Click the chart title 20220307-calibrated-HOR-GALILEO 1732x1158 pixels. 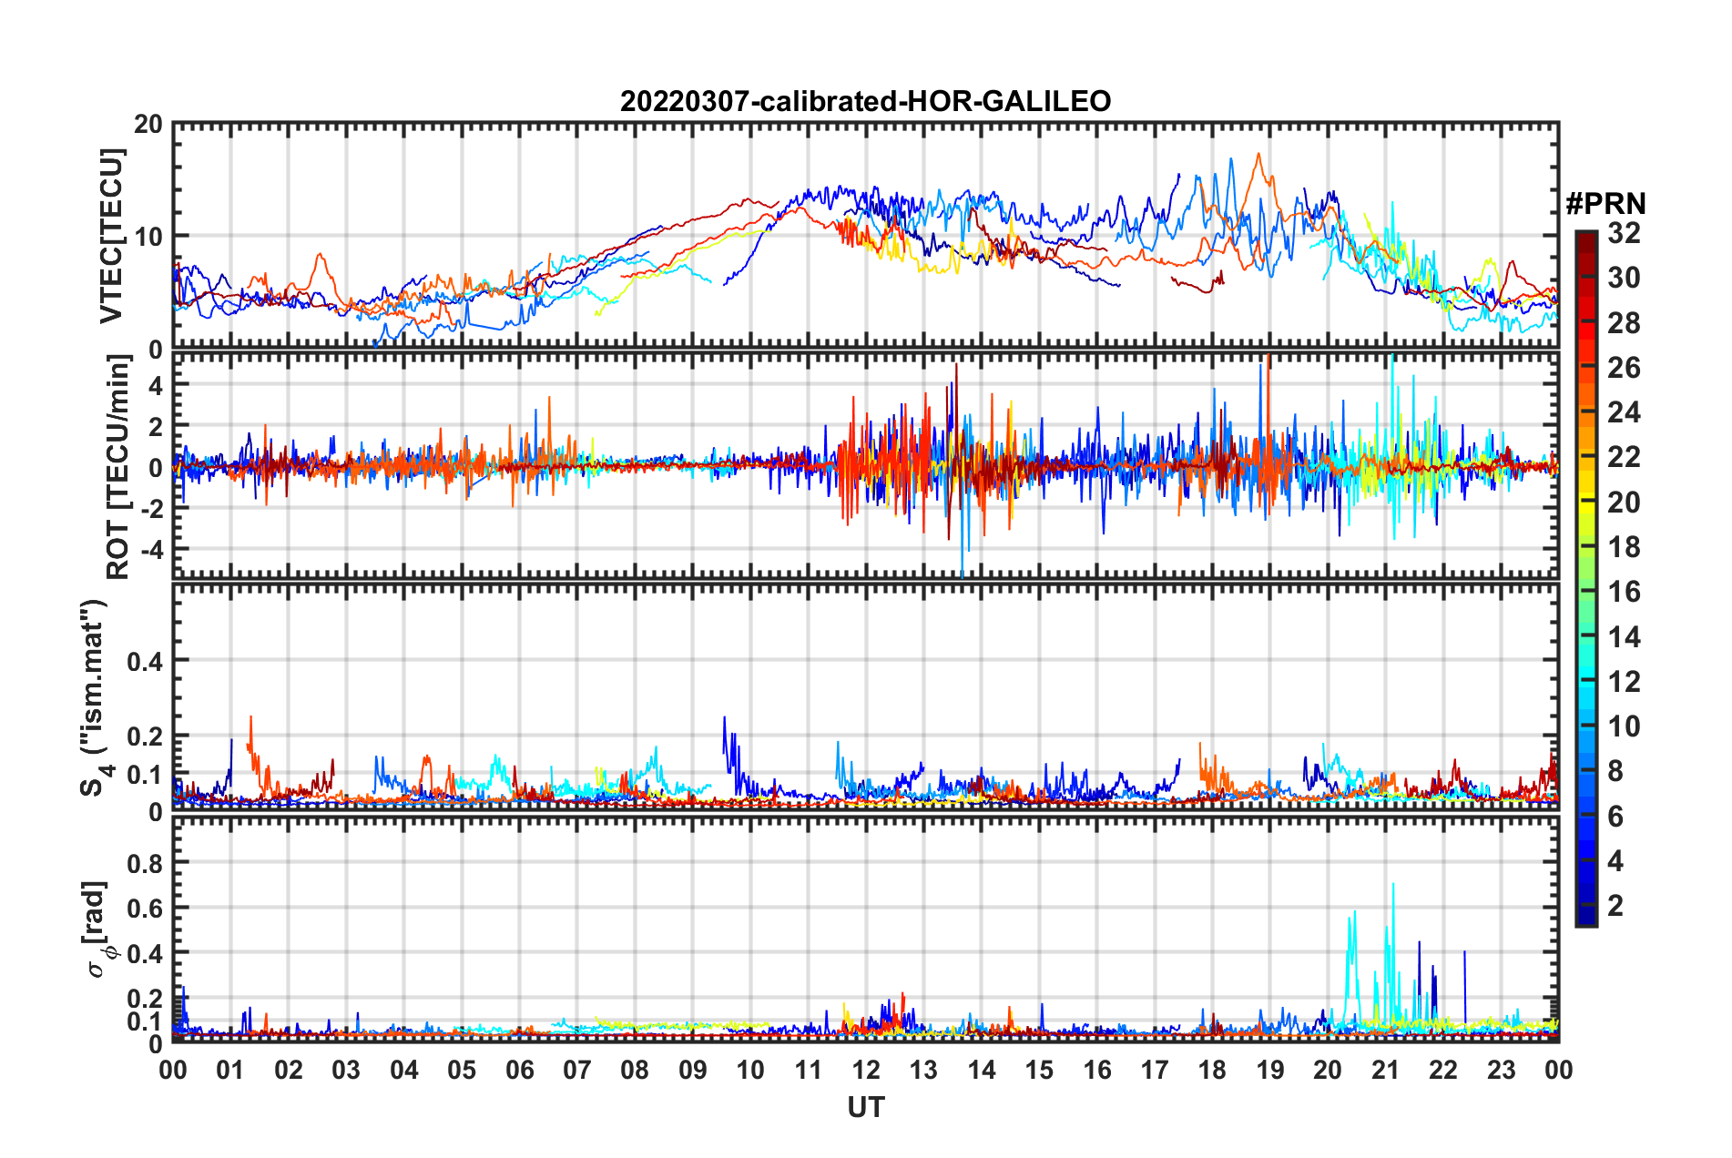click(x=865, y=101)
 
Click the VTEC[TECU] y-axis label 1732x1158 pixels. click(x=111, y=236)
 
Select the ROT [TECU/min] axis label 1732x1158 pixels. click(x=118, y=467)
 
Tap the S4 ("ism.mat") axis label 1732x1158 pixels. click(x=94, y=697)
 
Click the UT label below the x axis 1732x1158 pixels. click(x=865, y=1108)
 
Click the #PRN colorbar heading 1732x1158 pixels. click(x=1605, y=204)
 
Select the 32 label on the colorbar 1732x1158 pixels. click(x=1624, y=233)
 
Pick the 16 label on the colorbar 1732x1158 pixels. click(x=1624, y=592)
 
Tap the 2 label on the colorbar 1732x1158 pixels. click(x=1615, y=906)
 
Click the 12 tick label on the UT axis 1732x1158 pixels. click(x=866, y=1071)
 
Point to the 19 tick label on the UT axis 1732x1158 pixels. click(x=1270, y=1071)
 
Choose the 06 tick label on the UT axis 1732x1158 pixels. click(x=519, y=1071)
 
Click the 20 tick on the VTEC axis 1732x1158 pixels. click(x=148, y=125)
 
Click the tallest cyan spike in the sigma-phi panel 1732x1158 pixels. click(x=1393, y=885)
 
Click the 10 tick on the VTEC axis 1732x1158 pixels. click(x=148, y=237)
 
